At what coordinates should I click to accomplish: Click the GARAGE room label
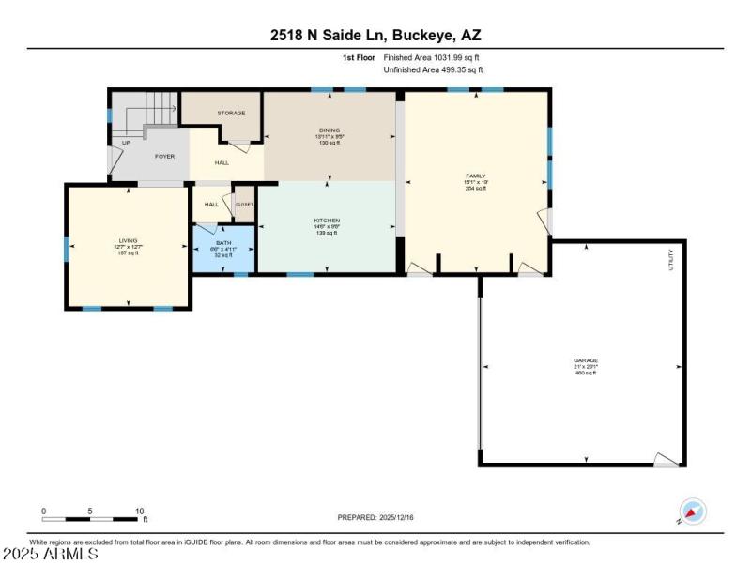[x=586, y=360]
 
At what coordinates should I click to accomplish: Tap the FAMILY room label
[x=476, y=176]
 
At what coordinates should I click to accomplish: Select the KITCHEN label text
[x=327, y=221]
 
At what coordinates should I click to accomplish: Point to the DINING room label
[x=329, y=130]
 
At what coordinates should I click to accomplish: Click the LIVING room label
[x=128, y=241]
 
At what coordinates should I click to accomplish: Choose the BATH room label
[x=222, y=242]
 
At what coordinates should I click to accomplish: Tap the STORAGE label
[x=231, y=113]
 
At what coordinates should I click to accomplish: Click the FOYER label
[x=165, y=156]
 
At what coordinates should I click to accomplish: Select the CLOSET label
[x=244, y=204]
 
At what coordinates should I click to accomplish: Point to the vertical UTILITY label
[x=670, y=260]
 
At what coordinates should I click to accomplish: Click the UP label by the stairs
[x=126, y=143]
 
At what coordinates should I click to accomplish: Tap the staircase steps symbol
[x=160, y=109]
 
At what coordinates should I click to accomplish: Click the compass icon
[x=693, y=511]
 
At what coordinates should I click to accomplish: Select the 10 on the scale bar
[x=140, y=511]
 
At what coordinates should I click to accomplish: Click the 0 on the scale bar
[x=43, y=511]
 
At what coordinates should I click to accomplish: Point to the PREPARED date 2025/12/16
[x=375, y=517]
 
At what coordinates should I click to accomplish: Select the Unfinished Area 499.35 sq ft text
[x=433, y=69]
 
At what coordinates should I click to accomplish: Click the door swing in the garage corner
[x=667, y=459]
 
